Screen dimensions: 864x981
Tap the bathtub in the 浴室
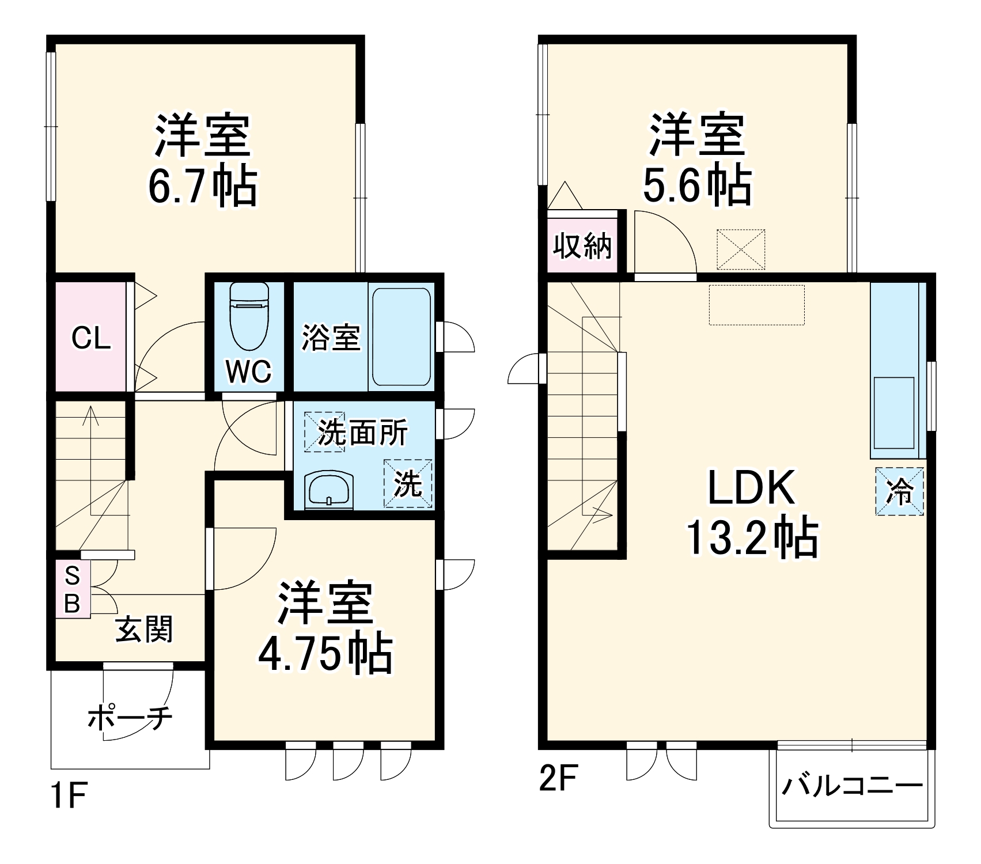pos(401,337)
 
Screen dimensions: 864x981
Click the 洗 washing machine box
pos(408,483)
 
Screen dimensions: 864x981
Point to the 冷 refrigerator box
pos(899,491)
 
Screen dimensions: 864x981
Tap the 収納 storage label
pos(582,247)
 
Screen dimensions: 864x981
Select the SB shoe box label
pos(72,589)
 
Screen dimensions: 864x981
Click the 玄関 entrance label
pos(144,629)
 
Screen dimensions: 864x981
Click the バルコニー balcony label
pos(851,786)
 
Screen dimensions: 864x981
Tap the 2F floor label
pos(557,779)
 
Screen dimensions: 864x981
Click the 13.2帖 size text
pos(751,539)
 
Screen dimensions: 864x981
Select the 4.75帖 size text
pos(324,655)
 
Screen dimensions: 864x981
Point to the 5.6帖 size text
pos(696,185)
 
